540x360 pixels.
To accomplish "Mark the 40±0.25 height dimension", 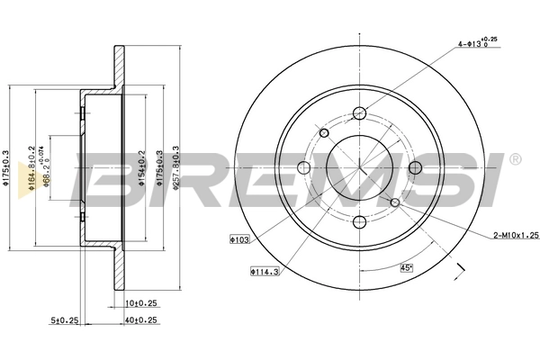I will point(142,319).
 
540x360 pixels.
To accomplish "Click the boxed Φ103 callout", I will point(238,240).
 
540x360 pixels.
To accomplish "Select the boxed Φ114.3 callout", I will point(263,270).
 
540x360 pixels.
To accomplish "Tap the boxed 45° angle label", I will point(406,267).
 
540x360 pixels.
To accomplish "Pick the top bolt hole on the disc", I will point(360,112).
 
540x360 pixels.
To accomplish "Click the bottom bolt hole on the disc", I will point(360,222).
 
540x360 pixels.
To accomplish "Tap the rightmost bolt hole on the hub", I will point(415,167).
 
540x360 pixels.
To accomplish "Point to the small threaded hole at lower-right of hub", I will point(394,202).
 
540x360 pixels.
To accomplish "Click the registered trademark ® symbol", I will point(514,159).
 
